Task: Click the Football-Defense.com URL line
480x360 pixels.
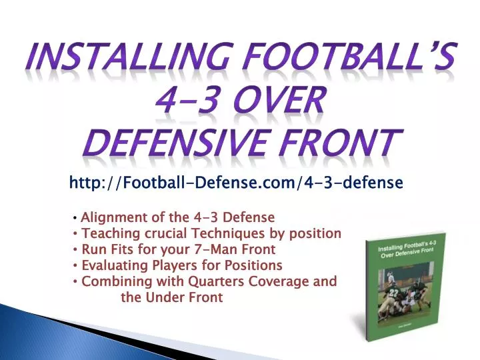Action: click(x=236, y=181)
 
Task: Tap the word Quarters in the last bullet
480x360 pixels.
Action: click(x=213, y=281)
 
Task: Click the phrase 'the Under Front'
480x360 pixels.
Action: click(x=171, y=297)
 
